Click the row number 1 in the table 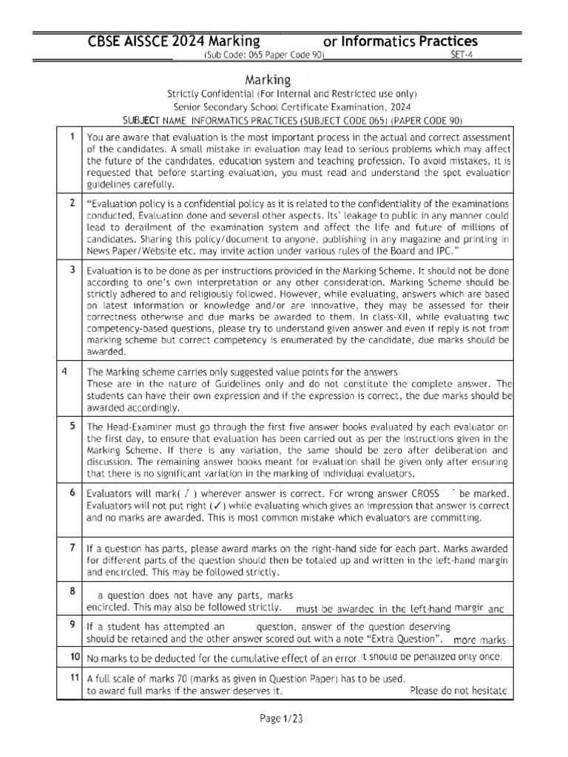(71, 137)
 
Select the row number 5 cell (71, 426)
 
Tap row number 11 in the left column (74, 677)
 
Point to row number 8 (71, 591)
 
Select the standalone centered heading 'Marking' (267, 78)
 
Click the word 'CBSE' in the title (107, 41)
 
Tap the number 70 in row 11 (175, 678)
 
